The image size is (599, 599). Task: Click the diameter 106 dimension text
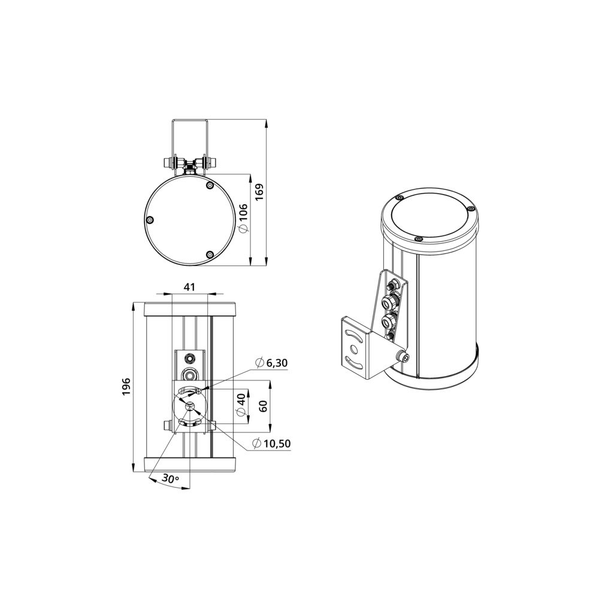point(243,218)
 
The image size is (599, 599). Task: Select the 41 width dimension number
point(189,287)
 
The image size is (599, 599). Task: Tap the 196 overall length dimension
point(126,386)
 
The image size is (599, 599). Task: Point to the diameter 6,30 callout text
point(271,362)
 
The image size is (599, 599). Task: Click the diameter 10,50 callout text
point(271,443)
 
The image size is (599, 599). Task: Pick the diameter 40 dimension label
point(241,404)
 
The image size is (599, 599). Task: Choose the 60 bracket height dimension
point(263,406)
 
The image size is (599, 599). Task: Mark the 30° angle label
point(171,478)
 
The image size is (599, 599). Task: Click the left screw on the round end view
point(150,220)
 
